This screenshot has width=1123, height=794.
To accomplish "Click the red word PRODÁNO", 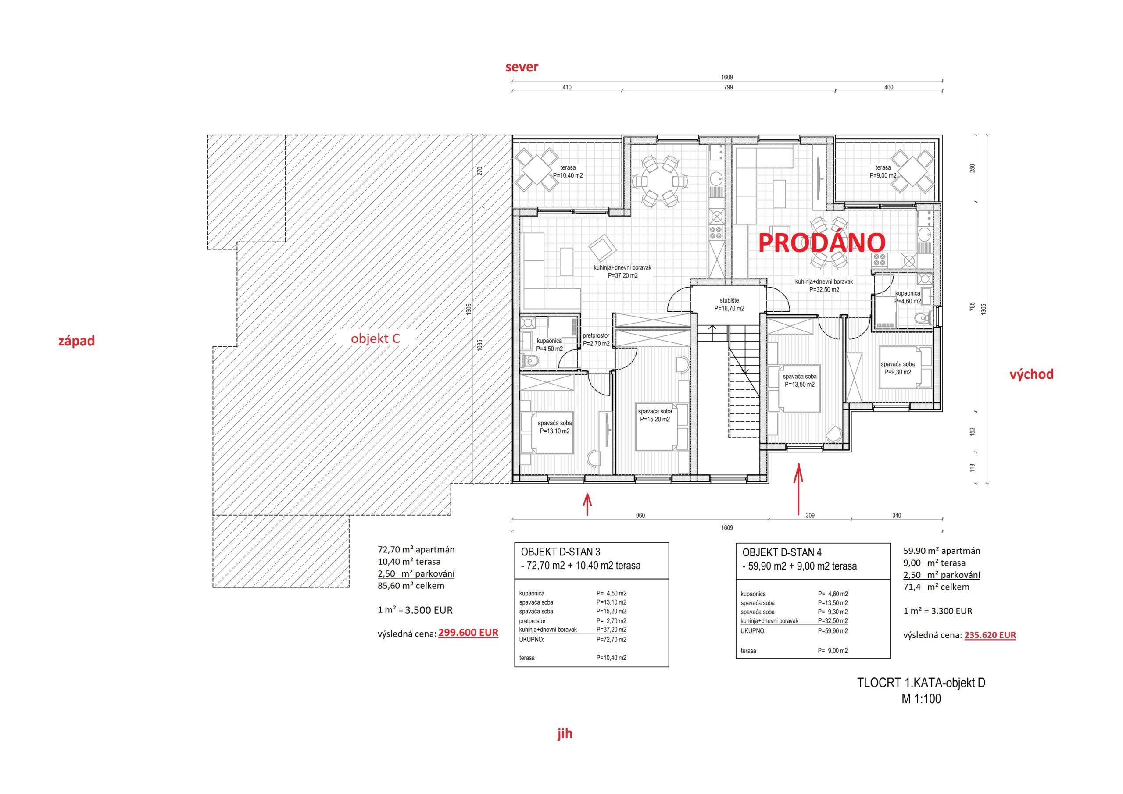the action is [822, 242].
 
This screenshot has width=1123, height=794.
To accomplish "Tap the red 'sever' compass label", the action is [522, 67].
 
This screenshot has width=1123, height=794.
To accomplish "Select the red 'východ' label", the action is [1031, 374].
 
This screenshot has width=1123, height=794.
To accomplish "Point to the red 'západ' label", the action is [77, 341].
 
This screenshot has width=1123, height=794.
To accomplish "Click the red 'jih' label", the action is [565, 734].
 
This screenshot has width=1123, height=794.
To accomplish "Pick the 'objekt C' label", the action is [376, 338].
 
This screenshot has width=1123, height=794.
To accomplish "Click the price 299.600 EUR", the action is [468, 633].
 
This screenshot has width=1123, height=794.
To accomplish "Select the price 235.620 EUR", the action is [990, 635].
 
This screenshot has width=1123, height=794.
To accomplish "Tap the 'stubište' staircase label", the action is [729, 301].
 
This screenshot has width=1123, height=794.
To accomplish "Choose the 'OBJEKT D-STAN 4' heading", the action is [782, 553].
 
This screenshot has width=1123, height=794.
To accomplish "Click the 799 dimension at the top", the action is [728, 88].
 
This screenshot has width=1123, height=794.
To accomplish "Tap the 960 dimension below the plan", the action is [640, 515].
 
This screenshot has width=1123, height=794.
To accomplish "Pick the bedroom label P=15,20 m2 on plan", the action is [655, 419].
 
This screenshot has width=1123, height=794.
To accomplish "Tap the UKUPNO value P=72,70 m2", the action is [612, 640].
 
